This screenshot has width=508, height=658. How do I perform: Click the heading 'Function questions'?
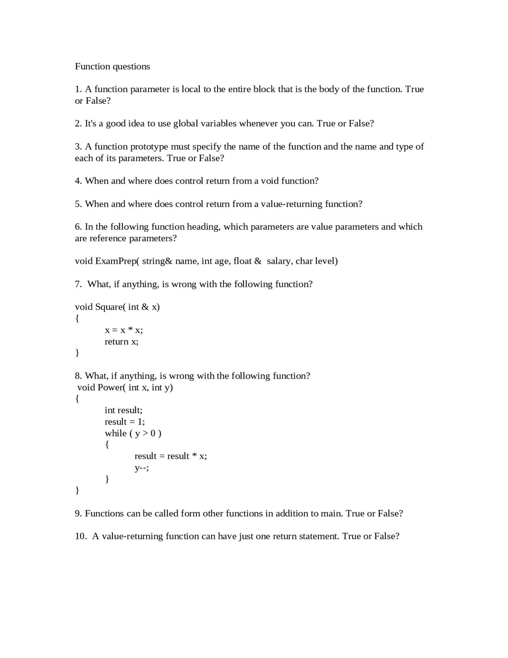(112, 66)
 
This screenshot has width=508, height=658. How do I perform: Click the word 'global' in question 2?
(185, 124)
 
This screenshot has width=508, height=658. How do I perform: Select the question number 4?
(78, 181)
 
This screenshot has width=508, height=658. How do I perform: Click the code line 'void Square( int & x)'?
(117, 307)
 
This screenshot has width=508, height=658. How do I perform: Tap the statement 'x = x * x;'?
(123, 330)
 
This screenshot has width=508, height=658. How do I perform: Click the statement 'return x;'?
(121, 342)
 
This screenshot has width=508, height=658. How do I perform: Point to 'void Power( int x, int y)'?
(125, 387)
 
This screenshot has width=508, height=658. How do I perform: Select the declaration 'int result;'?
(123, 410)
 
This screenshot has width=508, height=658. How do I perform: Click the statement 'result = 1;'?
(125, 422)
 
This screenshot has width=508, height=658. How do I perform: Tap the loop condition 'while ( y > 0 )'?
(133, 433)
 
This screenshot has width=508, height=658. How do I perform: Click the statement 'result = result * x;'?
(171, 456)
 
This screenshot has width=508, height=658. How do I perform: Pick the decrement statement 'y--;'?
(142, 468)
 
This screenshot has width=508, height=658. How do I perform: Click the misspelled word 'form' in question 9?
(190, 513)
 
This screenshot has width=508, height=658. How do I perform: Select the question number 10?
(81, 536)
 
